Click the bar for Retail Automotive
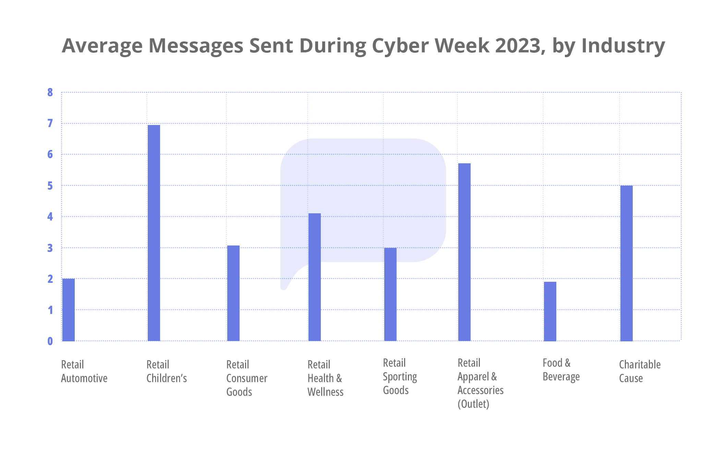click(69, 310)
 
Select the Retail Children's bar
click(154, 233)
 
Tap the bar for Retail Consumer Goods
click(233, 293)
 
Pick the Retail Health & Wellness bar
click(315, 277)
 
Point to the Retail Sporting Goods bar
click(390, 294)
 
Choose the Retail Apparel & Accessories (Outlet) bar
click(464, 252)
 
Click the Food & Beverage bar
click(550, 311)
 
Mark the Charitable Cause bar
click(627, 263)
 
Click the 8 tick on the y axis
click(50, 92)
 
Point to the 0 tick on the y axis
click(50, 341)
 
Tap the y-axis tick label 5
click(50, 186)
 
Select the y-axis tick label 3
click(50, 248)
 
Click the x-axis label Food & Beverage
click(561, 370)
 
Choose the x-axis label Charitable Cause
click(639, 371)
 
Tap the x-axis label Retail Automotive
click(84, 371)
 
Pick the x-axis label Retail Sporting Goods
click(400, 377)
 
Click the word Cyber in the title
click(400, 46)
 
